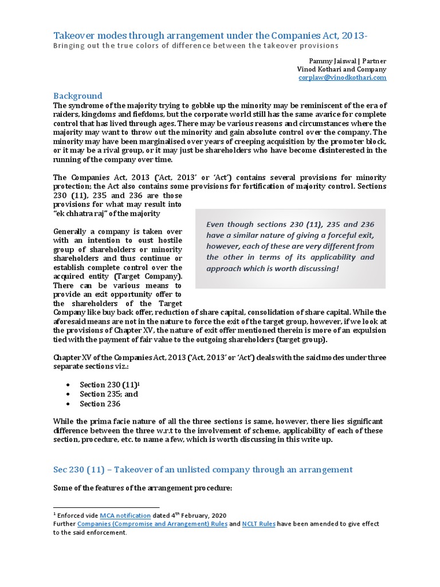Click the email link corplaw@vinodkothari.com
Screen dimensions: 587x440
[x=342, y=77]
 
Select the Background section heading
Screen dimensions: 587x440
[x=77, y=96]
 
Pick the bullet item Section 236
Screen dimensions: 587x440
[x=100, y=404]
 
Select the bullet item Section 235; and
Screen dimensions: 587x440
[x=108, y=394]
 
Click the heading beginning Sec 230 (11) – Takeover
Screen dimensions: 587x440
[x=203, y=469]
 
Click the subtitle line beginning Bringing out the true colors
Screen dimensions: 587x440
[x=196, y=45]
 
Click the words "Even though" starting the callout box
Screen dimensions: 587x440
[x=227, y=224]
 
